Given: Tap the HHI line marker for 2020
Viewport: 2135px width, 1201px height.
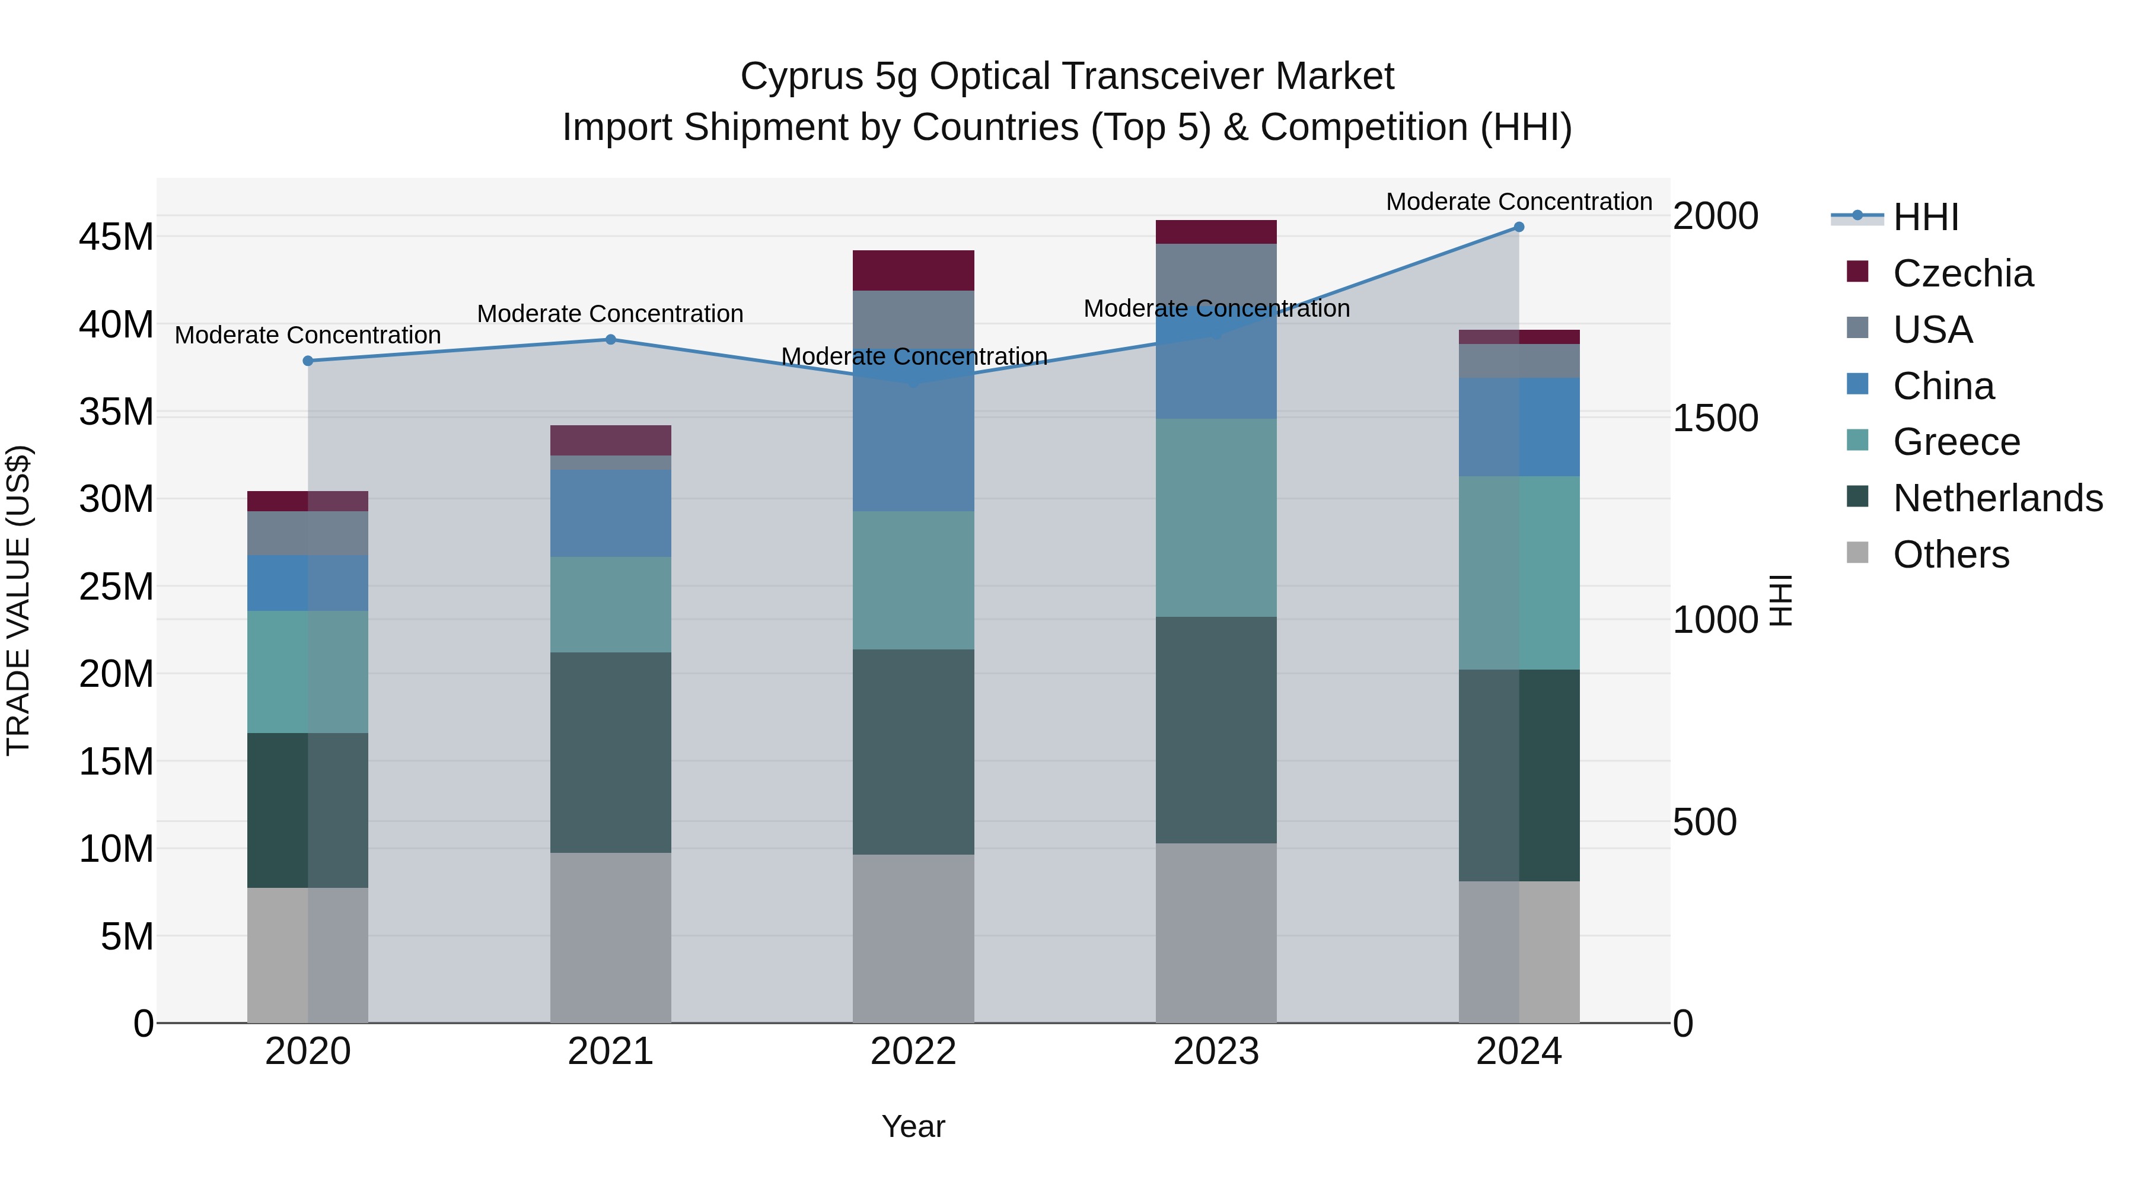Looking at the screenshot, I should pos(308,361).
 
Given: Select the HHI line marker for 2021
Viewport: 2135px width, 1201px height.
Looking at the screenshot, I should pos(611,339).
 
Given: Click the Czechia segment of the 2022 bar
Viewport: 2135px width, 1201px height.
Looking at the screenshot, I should pos(913,270).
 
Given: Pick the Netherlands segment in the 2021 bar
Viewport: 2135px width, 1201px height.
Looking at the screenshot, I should pos(611,753).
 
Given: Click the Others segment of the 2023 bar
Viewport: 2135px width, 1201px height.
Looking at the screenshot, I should pos(1216,932).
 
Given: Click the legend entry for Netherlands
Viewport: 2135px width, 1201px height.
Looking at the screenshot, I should pos(1997,498).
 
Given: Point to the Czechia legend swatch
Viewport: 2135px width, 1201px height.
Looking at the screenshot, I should pos(1857,272).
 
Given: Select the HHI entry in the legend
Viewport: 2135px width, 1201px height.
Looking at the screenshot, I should pos(1925,217).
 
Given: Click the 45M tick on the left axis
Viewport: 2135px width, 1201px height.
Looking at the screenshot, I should pos(116,237).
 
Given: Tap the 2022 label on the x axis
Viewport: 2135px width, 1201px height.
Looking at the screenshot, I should pos(913,1052).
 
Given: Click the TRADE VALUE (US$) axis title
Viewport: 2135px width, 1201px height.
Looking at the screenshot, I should pos(18,600).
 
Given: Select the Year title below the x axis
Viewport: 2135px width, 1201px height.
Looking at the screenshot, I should pos(913,1126).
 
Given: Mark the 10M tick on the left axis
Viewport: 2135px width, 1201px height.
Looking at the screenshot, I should pos(116,849).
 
